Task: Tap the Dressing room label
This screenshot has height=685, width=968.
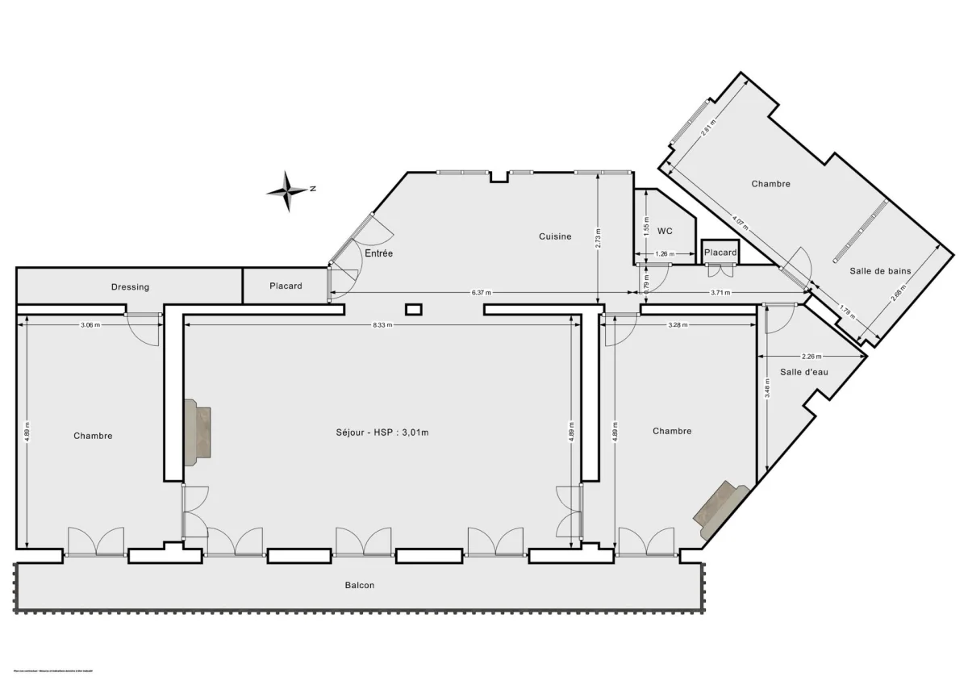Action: click(x=130, y=286)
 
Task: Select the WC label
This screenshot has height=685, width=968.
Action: click(x=665, y=231)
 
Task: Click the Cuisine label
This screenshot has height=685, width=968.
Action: click(x=555, y=236)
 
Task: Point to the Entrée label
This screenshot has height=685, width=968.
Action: click(x=378, y=253)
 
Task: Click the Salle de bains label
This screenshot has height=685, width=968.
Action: click(x=880, y=271)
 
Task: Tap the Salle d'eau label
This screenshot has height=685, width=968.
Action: click(x=804, y=372)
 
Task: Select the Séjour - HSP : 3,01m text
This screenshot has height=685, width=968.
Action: click(x=382, y=432)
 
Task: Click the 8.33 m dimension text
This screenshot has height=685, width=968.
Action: click(x=382, y=325)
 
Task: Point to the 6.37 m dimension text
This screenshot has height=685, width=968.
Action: click(x=480, y=293)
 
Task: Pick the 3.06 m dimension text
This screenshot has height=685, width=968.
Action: click(x=90, y=325)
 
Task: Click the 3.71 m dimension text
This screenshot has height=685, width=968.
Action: click(x=720, y=293)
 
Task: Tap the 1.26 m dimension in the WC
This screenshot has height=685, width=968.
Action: click(x=663, y=254)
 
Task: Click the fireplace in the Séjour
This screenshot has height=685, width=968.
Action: click(x=198, y=432)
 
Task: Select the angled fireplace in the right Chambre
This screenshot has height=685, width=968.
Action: click(x=722, y=507)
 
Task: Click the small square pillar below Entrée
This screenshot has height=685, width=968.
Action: click(x=414, y=308)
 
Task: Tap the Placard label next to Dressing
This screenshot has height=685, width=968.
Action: click(x=286, y=286)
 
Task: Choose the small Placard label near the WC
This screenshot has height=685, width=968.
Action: click(x=720, y=253)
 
